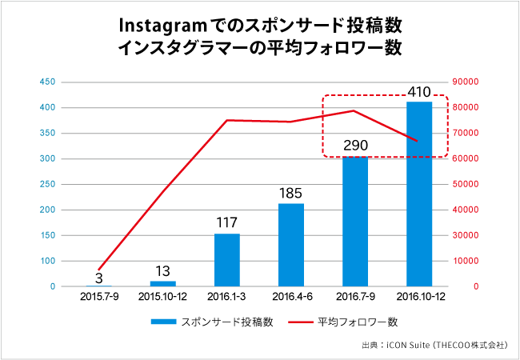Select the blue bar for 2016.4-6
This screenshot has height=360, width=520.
[x=291, y=245]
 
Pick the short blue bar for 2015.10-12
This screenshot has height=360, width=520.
[x=163, y=283]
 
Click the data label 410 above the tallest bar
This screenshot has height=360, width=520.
[x=419, y=92]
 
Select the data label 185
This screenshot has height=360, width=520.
[x=291, y=193]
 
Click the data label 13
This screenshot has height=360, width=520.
[x=163, y=271]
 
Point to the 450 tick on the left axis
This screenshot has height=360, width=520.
[x=46, y=82]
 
